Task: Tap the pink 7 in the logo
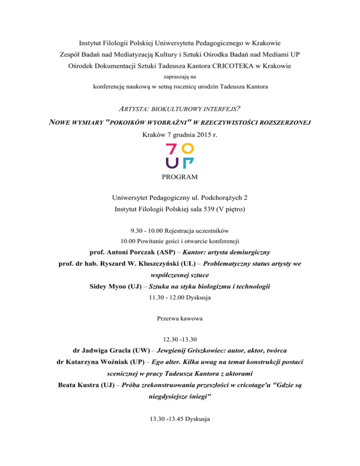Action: (x=172, y=150)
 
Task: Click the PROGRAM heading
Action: (x=180, y=177)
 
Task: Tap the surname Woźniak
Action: (x=124, y=363)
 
